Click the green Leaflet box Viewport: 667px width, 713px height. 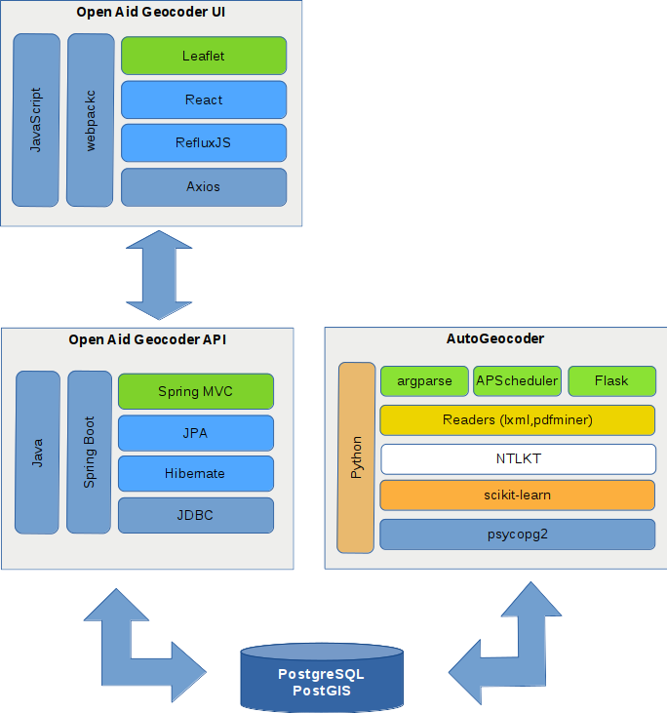pos(203,56)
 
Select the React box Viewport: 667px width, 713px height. pos(203,99)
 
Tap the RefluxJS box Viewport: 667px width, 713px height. pos(203,142)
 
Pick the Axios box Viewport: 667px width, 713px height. pos(203,186)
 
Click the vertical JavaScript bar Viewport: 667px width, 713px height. pos(36,120)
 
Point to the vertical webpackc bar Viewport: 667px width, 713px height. pos(91,120)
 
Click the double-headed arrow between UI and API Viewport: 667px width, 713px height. pos(159,275)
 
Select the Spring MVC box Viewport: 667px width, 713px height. pos(195,391)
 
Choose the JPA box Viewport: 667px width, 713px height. pos(195,433)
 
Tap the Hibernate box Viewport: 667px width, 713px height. pos(195,473)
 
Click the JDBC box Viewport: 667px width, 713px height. pos(195,515)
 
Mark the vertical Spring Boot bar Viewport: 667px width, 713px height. pos(90,452)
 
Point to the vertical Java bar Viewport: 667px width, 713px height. pos(37,452)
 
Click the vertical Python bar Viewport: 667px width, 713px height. pos(356,457)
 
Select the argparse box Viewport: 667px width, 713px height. pos(424,380)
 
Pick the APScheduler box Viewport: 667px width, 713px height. pos(517,380)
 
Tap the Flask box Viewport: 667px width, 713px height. pos(611,380)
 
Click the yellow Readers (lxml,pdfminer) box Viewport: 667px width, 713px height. pos(517,420)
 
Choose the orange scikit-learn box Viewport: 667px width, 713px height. pos(517,495)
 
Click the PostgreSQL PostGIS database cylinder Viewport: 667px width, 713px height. pos(321,678)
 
